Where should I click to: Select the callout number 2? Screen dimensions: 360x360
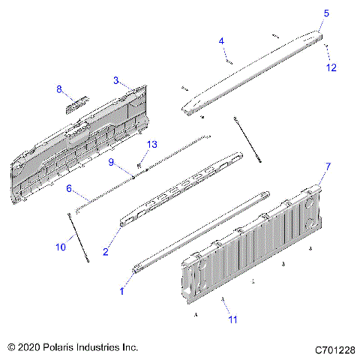tap(106, 252)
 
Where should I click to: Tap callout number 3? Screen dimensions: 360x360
tap(116, 79)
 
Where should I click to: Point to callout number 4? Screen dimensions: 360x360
tap(222, 40)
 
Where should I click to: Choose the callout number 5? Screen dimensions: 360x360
tap(326, 13)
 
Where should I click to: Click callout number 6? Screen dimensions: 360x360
tap(68, 189)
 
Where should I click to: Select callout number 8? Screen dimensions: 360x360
tap(60, 89)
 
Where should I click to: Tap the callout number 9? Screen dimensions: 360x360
tap(111, 161)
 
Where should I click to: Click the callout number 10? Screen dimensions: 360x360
tap(59, 247)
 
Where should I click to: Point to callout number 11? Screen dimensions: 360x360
tap(232, 319)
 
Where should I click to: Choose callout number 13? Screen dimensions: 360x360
tap(151, 144)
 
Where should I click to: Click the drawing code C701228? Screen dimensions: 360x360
tap(334, 349)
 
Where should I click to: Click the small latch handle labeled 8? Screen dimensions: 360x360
tap(76, 103)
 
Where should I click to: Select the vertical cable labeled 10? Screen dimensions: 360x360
tap(80, 238)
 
